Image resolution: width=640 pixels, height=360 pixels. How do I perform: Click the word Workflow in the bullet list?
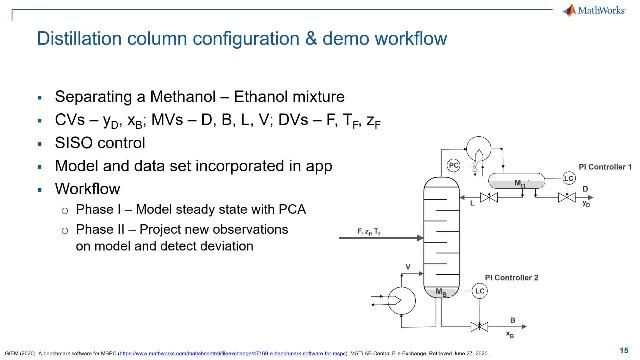[x=88, y=187]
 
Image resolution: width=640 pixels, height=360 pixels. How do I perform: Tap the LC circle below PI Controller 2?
[x=480, y=290]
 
